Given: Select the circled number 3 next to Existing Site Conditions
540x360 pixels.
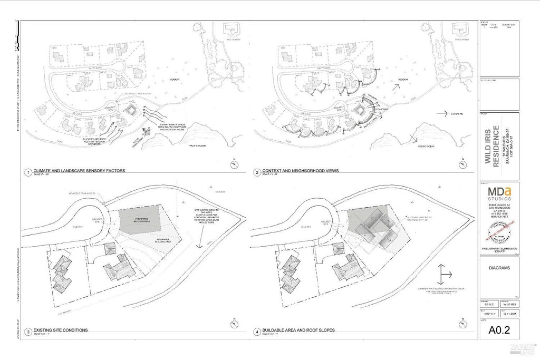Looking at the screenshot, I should (x=26, y=331).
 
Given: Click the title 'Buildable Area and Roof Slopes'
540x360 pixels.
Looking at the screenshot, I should (x=297, y=330).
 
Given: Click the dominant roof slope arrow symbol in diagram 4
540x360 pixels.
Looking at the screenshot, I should (x=444, y=275).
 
